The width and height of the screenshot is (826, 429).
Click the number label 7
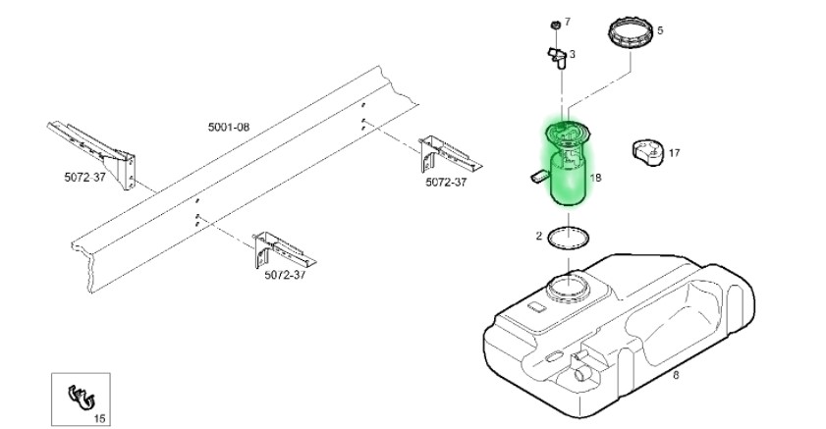[x=567, y=21]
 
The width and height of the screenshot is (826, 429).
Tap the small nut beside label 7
[x=554, y=22]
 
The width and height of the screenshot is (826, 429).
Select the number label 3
[x=573, y=54]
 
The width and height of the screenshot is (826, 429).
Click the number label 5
[x=660, y=30]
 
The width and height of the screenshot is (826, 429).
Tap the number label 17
[x=674, y=152]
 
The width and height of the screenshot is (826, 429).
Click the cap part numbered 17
[x=647, y=152]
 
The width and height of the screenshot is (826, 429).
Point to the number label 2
[x=539, y=236]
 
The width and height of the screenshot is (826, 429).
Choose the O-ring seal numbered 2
[x=569, y=238]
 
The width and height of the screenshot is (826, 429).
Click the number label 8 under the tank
[x=676, y=374]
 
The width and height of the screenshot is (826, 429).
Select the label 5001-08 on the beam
[x=229, y=128]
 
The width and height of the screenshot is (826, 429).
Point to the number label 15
[x=98, y=418]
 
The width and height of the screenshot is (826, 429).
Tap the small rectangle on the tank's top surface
[x=535, y=308]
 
